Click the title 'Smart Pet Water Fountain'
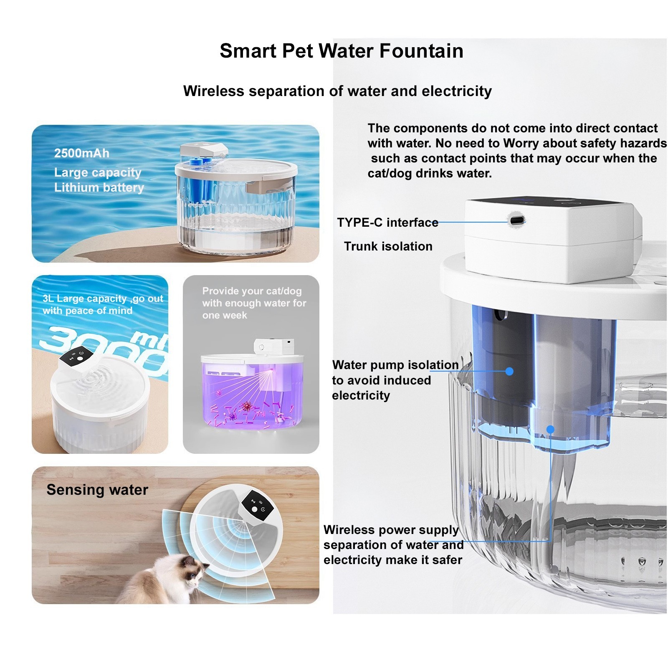point(341,51)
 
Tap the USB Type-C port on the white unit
point(516,220)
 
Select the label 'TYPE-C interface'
point(387,223)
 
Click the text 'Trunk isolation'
point(388,246)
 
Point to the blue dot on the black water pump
point(509,371)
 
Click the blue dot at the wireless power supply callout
point(550,429)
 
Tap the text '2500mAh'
point(82,153)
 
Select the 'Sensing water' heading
point(97,490)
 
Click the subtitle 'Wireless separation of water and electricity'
point(337,91)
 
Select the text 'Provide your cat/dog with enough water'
point(254,297)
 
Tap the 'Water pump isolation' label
point(395,365)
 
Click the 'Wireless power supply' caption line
point(391,530)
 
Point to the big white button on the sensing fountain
point(254,509)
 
